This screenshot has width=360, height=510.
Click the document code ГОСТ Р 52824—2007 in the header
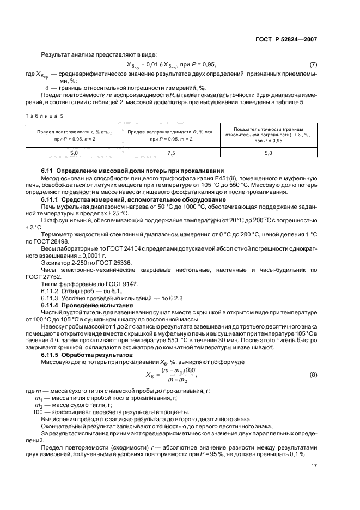pyautogui.click(x=286, y=39)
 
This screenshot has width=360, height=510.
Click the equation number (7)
pyautogui.click(x=313, y=65)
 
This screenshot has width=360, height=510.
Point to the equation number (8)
pyautogui.click(x=313, y=375)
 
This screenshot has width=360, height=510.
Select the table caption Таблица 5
pyautogui.click(x=41, y=116)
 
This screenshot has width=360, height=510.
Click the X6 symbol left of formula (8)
pyautogui.click(x=151, y=375)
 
